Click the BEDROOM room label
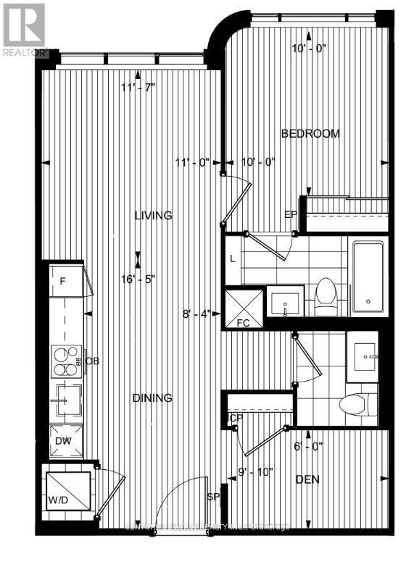point(310,134)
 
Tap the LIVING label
point(152,215)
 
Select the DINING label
point(152,398)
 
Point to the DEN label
point(308,479)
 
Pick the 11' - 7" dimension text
point(138,88)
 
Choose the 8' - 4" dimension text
point(196,314)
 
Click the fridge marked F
point(63,281)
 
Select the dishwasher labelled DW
point(64,440)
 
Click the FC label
point(243,322)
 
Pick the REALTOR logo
point(24,30)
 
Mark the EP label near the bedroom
point(291,214)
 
